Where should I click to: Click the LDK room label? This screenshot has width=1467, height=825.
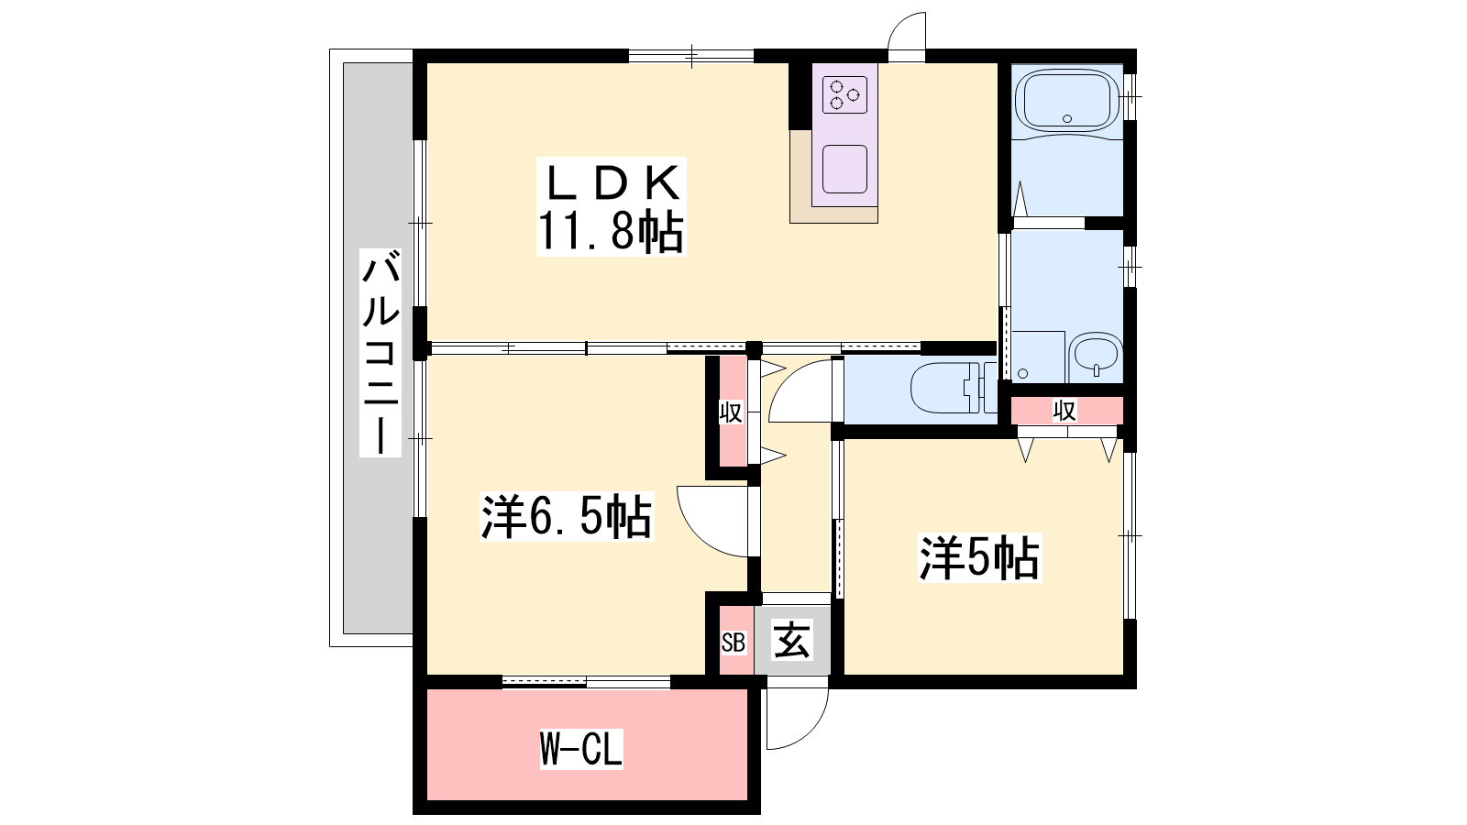pos(611,182)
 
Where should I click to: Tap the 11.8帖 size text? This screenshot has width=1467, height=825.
pos(611,231)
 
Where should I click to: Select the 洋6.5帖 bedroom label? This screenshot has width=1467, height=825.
pos(567,517)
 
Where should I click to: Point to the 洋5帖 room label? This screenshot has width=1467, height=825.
pos(979,558)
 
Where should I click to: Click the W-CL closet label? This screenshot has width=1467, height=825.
pos(581,749)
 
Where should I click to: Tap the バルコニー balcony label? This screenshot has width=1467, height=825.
pos(381,352)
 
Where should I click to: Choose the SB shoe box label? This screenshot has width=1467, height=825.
pos(733,643)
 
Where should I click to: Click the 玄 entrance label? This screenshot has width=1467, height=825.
pos(792,640)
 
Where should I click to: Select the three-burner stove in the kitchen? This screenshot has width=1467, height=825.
pos(844,95)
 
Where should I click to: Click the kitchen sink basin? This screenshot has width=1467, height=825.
pos(844,169)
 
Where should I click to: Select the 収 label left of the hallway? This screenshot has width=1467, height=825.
pos(731,412)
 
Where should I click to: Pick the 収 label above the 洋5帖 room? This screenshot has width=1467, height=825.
pos(1064,411)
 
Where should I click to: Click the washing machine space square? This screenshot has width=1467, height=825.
pos(1038,357)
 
